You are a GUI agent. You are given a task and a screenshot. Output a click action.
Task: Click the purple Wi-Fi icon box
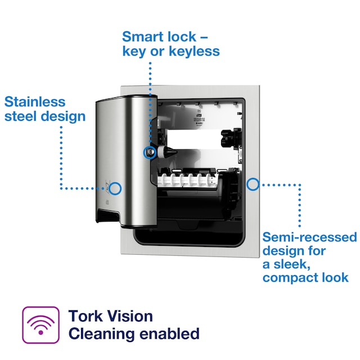40,325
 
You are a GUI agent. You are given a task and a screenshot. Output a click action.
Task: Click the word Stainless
35,102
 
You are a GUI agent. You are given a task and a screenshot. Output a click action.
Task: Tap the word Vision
128,316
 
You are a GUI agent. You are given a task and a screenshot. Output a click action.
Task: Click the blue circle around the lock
150,151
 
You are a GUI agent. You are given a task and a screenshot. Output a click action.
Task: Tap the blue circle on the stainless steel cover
115,188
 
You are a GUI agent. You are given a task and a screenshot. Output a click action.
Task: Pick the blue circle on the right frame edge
253,183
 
